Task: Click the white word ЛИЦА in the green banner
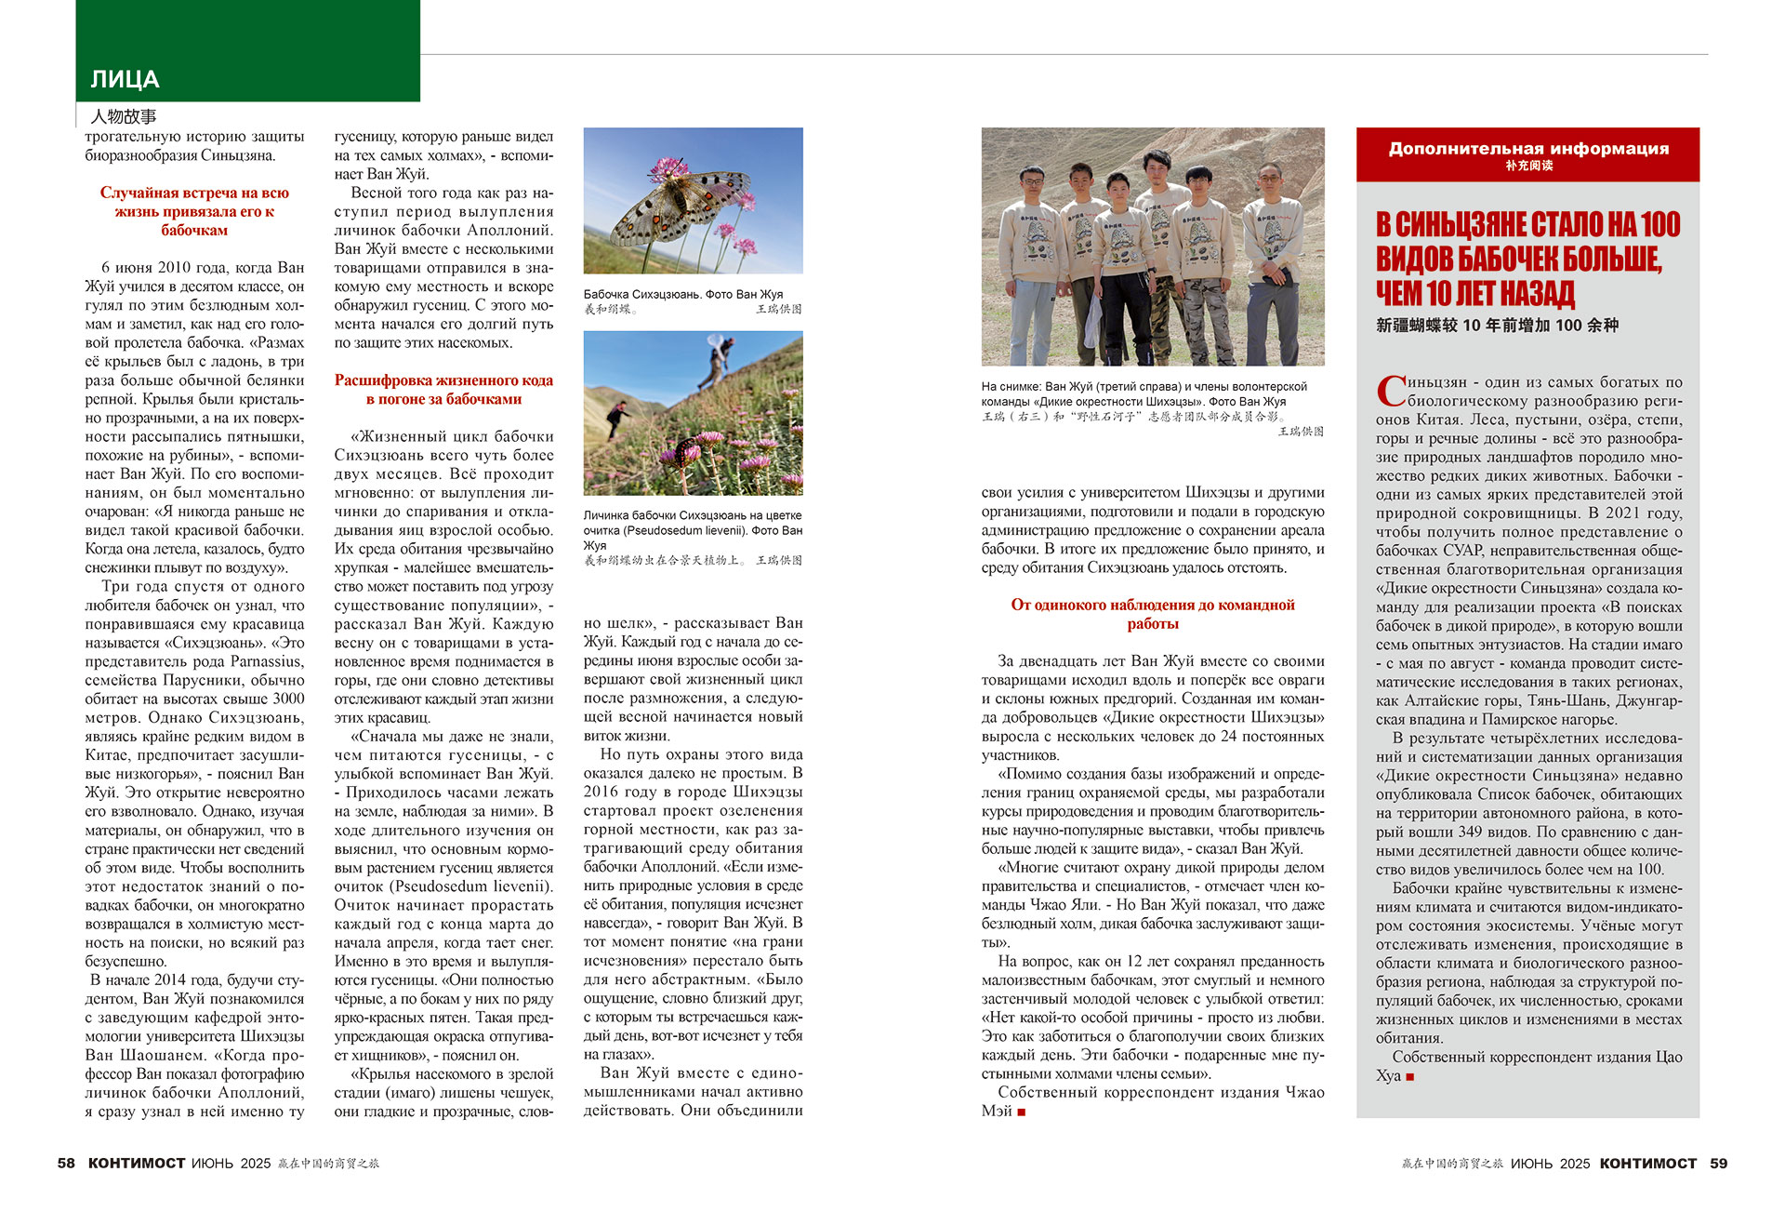point(125,80)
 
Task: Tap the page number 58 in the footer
point(66,1163)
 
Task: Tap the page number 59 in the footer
point(1718,1163)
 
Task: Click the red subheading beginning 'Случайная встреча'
point(194,211)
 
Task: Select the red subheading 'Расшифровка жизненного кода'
point(443,389)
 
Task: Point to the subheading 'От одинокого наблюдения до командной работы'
point(1152,614)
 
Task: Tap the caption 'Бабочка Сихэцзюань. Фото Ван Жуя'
point(682,294)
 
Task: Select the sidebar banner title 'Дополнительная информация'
point(1527,149)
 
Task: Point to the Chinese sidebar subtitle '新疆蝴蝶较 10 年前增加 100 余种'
point(1497,326)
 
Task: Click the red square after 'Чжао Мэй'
point(1021,1112)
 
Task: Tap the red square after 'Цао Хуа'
point(1410,1076)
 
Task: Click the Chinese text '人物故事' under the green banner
point(124,116)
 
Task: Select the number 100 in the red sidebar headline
point(1659,225)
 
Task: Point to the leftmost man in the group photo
point(1032,260)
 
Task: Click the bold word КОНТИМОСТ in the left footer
point(136,1163)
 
